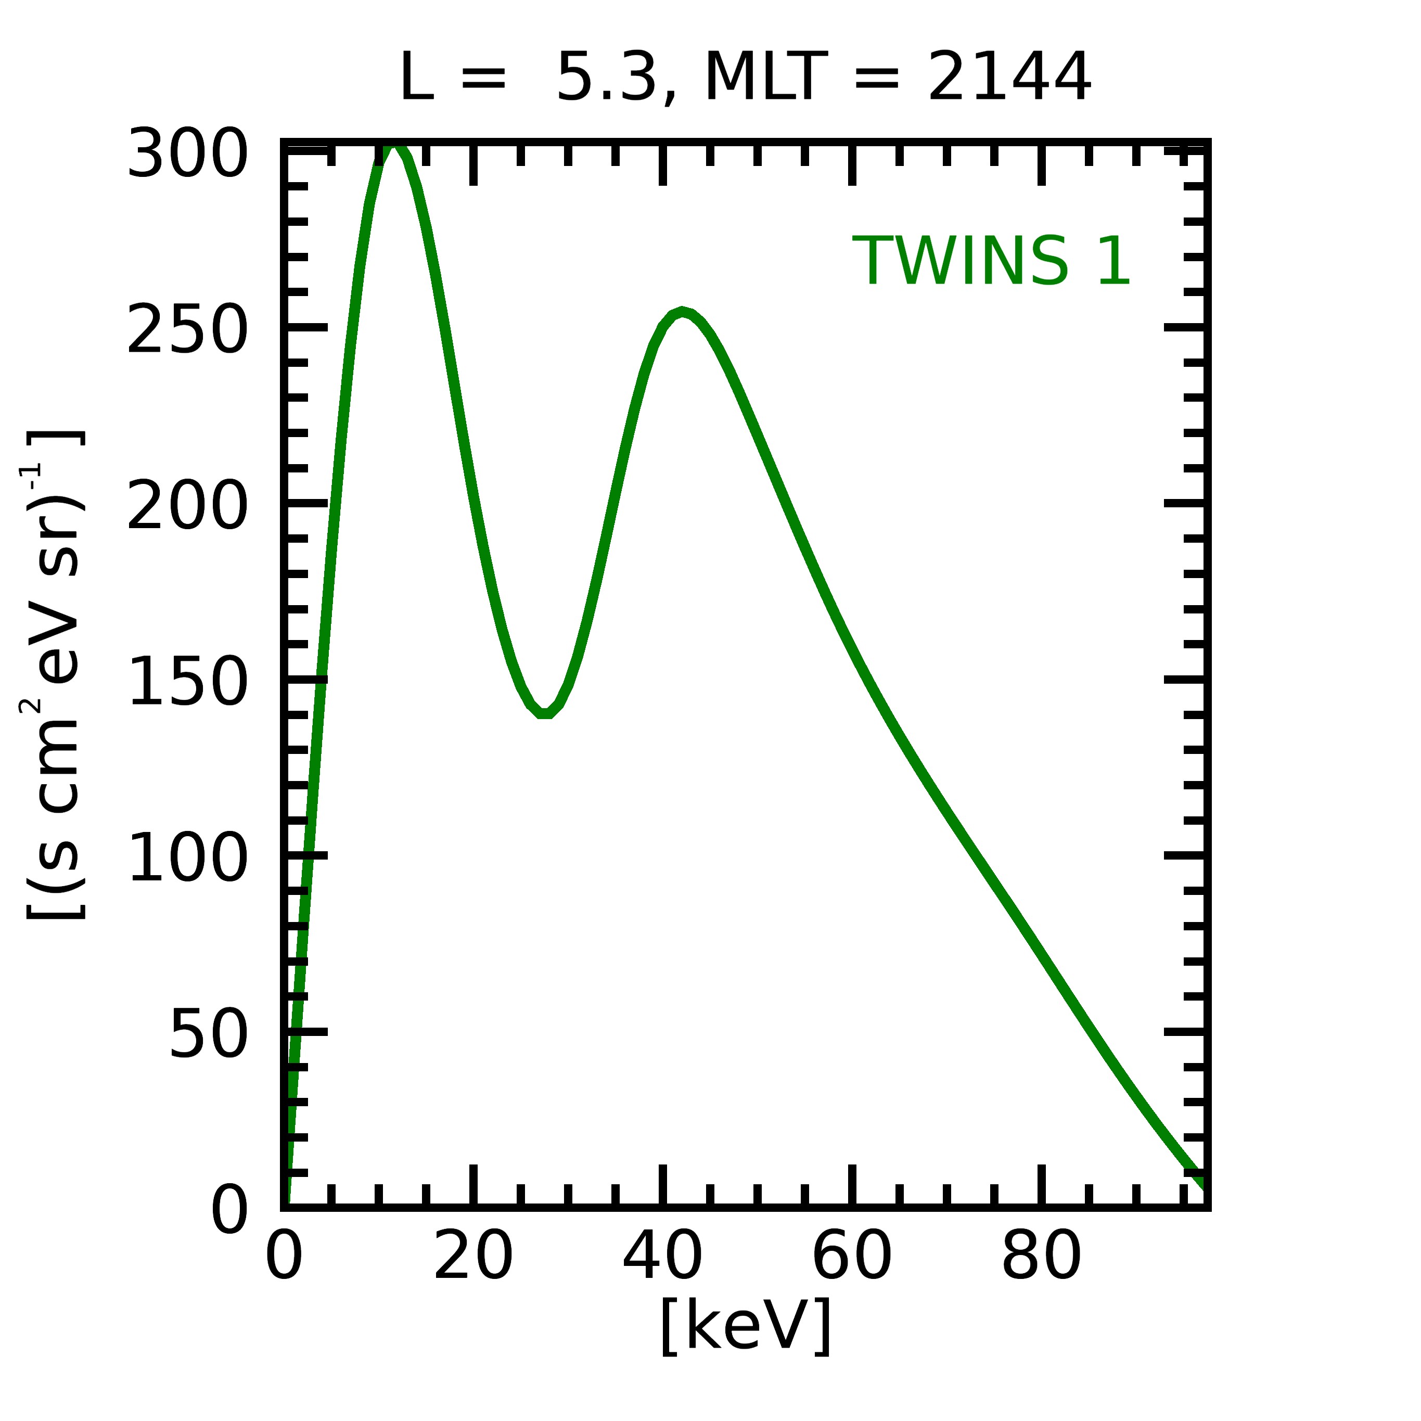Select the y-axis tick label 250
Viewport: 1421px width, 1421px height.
[x=187, y=330]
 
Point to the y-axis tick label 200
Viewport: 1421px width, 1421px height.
[x=187, y=506]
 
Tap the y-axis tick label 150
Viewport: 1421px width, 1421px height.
[x=187, y=682]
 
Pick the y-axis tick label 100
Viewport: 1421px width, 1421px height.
[x=187, y=857]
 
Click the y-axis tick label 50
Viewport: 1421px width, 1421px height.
[x=209, y=1034]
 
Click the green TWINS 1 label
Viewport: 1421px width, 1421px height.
[x=991, y=262]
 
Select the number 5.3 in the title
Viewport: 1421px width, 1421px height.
[x=606, y=77]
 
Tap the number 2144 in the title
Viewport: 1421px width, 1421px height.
[x=1009, y=77]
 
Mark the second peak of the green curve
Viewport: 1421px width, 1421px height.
[x=683, y=312]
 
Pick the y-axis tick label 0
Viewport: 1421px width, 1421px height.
[x=229, y=1210]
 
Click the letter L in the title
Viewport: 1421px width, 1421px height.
[x=416, y=77]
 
